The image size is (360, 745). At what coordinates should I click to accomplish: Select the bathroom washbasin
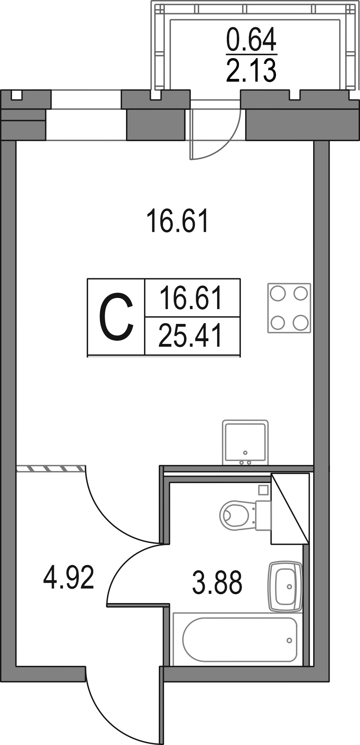point(285,586)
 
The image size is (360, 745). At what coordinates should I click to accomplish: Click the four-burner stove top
point(289,308)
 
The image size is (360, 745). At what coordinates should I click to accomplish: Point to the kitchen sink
point(245,442)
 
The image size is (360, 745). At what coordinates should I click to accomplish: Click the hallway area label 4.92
point(69,577)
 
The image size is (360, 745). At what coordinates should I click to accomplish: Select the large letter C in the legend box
point(116,317)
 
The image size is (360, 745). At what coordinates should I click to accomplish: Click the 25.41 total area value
point(190,336)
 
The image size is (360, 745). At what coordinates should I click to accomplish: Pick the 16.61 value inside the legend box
point(190,298)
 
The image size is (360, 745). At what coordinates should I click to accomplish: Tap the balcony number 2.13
point(251,70)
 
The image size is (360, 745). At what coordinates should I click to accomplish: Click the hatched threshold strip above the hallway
point(51,468)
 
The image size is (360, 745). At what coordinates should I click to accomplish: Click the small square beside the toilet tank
point(263,489)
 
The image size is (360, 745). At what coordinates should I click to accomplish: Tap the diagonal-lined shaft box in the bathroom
point(290,508)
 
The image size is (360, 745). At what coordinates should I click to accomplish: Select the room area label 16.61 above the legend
point(178,222)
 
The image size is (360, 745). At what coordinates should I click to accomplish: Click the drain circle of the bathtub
point(289,640)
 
